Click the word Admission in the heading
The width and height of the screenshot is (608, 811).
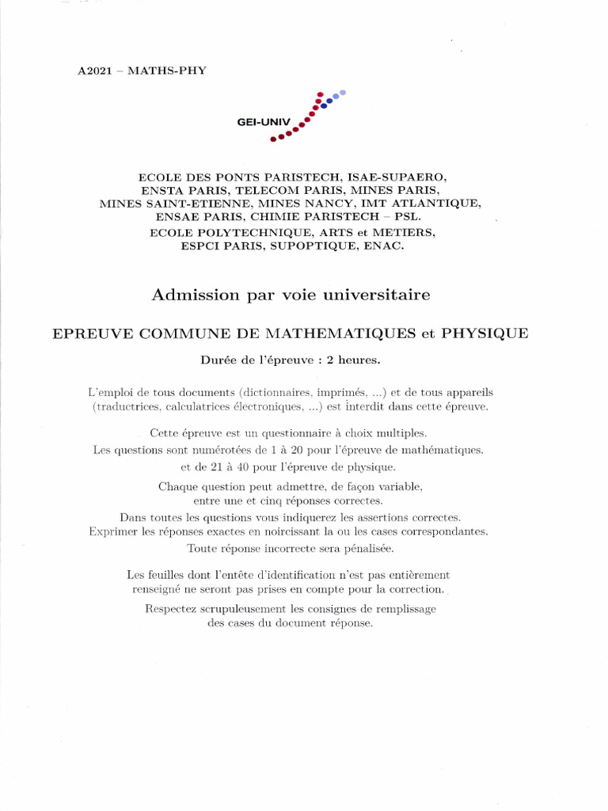point(183,295)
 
